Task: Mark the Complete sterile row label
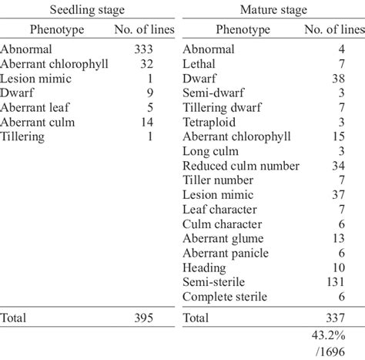(225, 297)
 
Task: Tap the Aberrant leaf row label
(34, 107)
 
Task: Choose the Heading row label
(204, 267)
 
